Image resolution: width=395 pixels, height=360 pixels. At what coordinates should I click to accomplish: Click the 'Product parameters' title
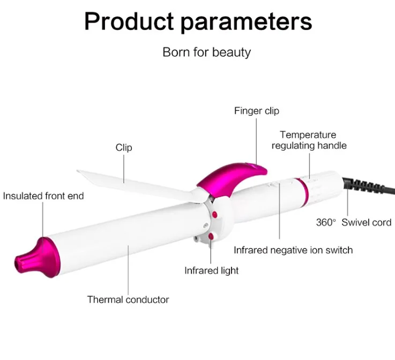tap(198, 22)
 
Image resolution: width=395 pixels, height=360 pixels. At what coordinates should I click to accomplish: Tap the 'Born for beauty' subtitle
tap(206, 53)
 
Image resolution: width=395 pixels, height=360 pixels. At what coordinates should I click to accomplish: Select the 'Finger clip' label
tap(256, 111)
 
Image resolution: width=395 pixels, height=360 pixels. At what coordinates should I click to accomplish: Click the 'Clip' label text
tap(124, 148)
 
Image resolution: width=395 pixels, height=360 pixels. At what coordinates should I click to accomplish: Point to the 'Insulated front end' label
tap(43, 196)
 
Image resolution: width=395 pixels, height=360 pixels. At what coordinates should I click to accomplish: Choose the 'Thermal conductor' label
tap(128, 299)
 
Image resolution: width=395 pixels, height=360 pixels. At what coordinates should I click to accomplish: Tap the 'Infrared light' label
tap(211, 270)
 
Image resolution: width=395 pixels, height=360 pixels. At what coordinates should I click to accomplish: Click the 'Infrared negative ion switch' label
tap(293, 250)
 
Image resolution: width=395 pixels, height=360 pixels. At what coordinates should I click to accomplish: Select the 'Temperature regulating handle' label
tap(309, 140)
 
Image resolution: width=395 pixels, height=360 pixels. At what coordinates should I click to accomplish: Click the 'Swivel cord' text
tap(366, 222)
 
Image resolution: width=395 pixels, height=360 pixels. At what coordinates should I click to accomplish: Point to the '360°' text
tap(326, 222)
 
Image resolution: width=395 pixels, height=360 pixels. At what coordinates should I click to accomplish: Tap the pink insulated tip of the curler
tap(38, 257)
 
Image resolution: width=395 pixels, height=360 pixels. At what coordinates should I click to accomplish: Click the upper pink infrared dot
tap(214, 215)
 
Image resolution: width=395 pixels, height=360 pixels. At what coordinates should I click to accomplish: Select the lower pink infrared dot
tap(211, 236)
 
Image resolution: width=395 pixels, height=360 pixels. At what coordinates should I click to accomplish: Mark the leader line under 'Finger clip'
tap(256, 142)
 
